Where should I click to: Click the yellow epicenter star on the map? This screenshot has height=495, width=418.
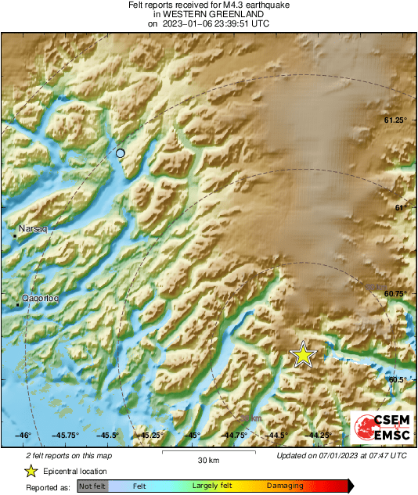click(303, 355)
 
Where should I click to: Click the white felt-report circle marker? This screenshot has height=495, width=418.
click(120, 153)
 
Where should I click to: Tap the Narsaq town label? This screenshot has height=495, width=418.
click(33, 230)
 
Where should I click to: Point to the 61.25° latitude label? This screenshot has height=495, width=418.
click(395, 120)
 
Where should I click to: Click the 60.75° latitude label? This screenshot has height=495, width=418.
click(395, 293)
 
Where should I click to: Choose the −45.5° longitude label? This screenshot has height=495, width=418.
click(107, 435)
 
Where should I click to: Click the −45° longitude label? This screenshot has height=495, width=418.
click(192, 435)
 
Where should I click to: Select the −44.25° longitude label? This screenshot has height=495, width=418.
click(317, 435)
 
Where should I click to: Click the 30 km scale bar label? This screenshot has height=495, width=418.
click(207, 459)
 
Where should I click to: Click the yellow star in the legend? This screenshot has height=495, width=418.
click(30, 471)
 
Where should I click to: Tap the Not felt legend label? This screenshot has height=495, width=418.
click(92, 486)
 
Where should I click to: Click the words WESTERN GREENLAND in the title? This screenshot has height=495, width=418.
click(207, 14)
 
